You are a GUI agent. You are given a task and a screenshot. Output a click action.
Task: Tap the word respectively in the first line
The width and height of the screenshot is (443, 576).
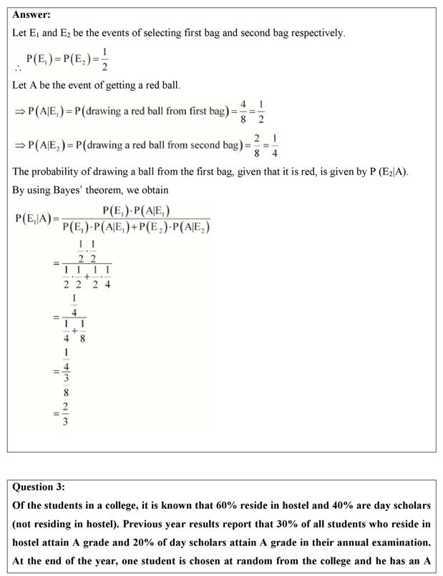(316, 33)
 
